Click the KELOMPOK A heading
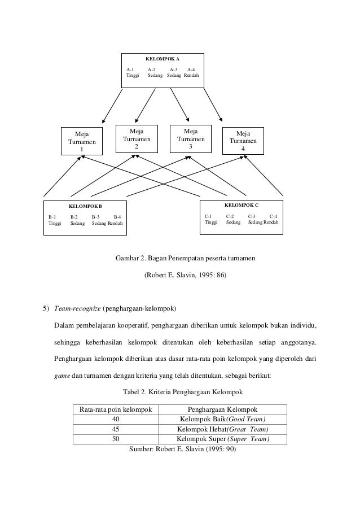coord(163,59)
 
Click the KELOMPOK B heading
coord(85,207)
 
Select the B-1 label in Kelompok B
coord(52,216)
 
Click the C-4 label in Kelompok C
coord(273,216)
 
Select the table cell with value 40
coord(116,419)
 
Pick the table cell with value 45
coord(116,429)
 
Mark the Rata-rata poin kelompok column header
coord(116,409)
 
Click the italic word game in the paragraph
coord(62,373)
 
